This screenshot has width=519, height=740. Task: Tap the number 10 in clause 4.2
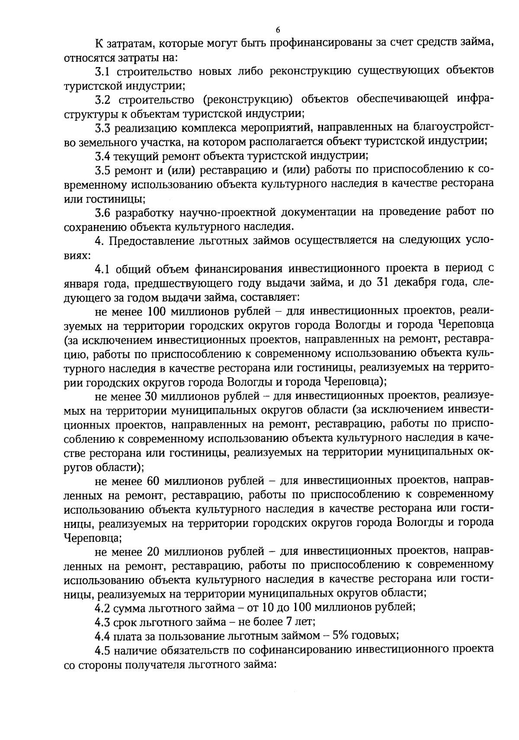coord(268,608)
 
